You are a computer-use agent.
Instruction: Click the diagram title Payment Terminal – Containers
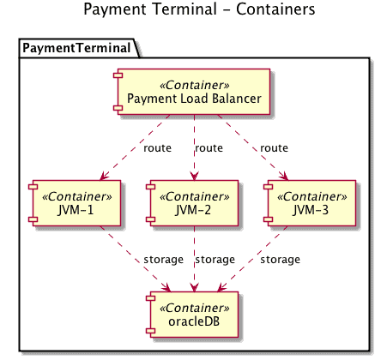point(199,9)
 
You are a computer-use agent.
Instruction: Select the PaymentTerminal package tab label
point(76,48)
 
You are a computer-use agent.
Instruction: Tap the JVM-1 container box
point(75,203)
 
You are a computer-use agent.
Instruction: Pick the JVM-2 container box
point(192,203)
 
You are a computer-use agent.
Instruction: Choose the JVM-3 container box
point(310,203)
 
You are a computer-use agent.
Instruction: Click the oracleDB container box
point(192,315)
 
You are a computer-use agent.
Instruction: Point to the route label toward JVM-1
point(157,148)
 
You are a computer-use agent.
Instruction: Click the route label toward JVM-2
point(209,148)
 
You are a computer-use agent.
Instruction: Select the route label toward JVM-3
point(274,148)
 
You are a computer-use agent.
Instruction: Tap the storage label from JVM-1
point(163,260)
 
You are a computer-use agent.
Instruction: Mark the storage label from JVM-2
point(215,260)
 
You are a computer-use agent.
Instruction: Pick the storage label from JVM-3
point(280,260)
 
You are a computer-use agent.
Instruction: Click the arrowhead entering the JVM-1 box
point(104,176)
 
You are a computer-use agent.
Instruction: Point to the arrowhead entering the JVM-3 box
point(284,176)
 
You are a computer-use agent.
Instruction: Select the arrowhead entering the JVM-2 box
point(195,176)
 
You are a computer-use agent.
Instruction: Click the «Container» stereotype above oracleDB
point(195,308)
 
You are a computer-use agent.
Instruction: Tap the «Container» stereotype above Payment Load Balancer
point(195,85)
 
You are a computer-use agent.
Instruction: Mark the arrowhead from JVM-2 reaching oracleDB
point(195,287)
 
